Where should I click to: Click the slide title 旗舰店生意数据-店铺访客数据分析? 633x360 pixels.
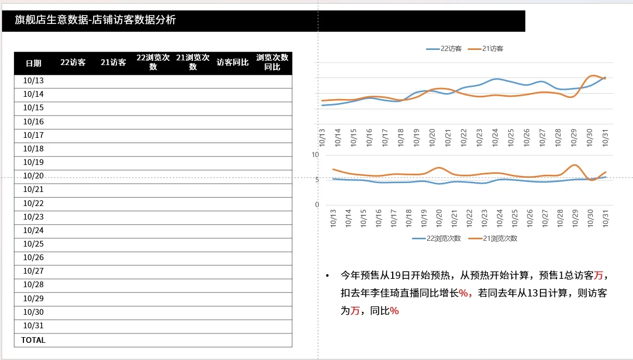tap(95, 20)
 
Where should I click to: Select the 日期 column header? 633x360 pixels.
tap(34, 63)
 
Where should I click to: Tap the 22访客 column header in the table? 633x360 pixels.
tap(73, 62)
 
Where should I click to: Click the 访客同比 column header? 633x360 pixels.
tap(232, 62)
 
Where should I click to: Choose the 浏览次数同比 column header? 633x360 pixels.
tap(272, 62)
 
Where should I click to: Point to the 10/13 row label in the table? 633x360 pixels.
tap(34, 81)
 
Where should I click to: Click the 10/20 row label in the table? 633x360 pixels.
tap(34, 176)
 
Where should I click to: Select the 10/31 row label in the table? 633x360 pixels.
tap(34, 326)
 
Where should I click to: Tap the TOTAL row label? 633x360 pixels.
tap(33, 340)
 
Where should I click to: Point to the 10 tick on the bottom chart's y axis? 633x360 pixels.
tap(315, 155)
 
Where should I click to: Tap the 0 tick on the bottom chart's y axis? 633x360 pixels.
tap(317, 204)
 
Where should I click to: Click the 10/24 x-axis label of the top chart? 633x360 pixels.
tap(496, 137)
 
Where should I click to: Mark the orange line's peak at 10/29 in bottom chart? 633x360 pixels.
tap(575, 165)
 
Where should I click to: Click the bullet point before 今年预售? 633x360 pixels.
tap(327, 275)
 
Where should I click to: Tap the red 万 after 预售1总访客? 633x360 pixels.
tap(599, 275)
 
